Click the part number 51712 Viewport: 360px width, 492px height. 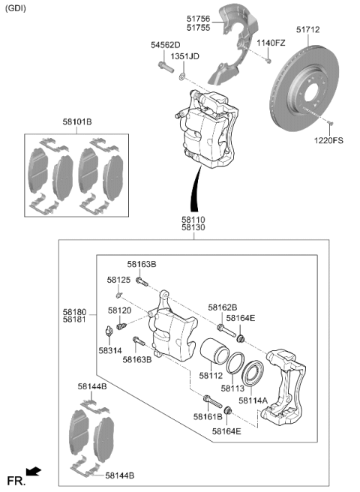308,30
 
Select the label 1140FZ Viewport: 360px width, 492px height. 271,43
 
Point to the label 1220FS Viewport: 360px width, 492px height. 328,140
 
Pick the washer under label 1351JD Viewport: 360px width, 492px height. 182,76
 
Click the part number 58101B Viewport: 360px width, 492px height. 77,121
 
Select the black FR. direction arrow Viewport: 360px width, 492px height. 34,471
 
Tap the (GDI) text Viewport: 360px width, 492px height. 16,8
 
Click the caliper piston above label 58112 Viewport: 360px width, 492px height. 214,351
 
